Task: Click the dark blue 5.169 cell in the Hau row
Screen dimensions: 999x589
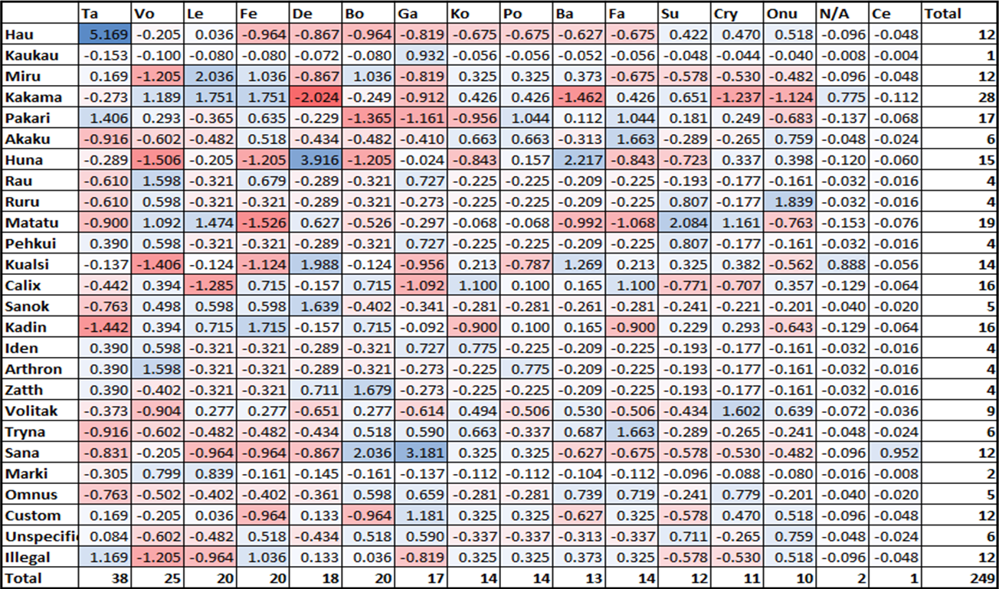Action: click(x=105, y=34)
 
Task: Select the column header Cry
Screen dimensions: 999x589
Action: click(x=726, y=14)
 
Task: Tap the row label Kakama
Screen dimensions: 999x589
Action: click(x=33, y=97)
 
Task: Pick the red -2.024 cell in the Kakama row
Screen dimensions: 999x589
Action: click(x=316, y=97)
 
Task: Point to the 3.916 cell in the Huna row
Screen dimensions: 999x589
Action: click(x=316, y=159)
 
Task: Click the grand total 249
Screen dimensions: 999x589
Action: click(x=982, y=578)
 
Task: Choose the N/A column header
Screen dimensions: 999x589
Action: click(x=834, y=14)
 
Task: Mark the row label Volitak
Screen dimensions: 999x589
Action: click(x=31, y=411)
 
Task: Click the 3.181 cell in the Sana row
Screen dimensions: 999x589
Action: click(x=421, y=453)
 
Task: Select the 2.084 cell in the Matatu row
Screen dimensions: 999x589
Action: click(x=684, y=222)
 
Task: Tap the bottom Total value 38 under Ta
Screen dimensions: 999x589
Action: click(x=120, y=578)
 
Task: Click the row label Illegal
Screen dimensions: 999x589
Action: click(x=28, y=557)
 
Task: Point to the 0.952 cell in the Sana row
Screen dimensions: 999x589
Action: click(x=895, y=453)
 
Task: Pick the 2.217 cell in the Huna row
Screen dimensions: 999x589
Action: click(x=578, y=159)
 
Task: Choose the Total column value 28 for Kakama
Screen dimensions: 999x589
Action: click(x=987, y=97)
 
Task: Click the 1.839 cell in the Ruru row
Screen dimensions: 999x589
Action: click(x=790, y=201)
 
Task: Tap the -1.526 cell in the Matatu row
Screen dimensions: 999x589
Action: click(x=263, y=222)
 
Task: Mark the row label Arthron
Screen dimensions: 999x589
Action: click(x=34, y=368)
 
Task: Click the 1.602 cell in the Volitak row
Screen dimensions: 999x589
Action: click(x=737, y=411)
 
